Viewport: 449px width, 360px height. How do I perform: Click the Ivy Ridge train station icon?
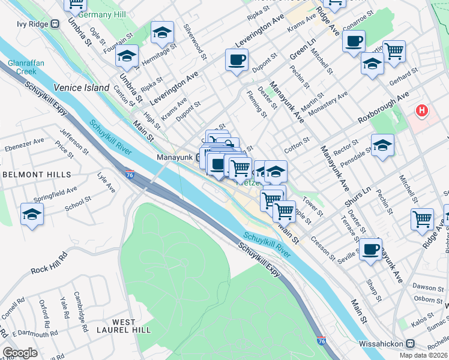pyautogui.click(x=55, y=24)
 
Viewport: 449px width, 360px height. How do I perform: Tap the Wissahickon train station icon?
pyautogui.click(x=410, y=344)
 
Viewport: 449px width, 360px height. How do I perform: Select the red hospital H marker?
pyautogui.click(x=423, y=111)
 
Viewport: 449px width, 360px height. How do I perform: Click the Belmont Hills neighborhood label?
pyautogui.click(x=37, y=175)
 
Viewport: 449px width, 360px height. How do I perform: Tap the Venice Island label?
pyautogui.click(x=82, y=88)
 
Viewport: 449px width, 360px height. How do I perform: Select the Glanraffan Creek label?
pyautogui.click(x=22, y=67)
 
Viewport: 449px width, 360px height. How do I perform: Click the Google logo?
pyautogui.click(x=20, y=353)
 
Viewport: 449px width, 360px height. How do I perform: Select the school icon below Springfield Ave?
pyautogui.click(x=32, y=214)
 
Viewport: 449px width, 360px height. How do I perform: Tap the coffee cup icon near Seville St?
pyautogui.click(x=370, y=249)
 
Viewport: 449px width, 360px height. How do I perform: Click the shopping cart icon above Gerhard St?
pyautogui.click(x=394, y=52)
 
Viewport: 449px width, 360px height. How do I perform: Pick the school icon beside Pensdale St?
pyautogui.click(x=382, y=145)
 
